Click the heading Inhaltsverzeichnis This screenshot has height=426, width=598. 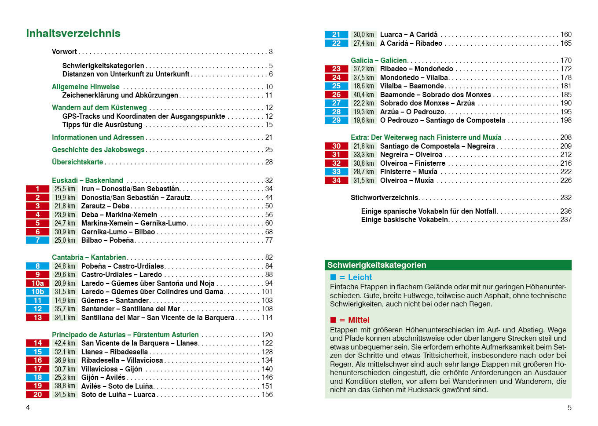[73, 33]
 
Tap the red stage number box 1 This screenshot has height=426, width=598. [37, 189]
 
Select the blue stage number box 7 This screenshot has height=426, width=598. [37, 240]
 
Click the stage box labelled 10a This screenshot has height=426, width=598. [37, 284]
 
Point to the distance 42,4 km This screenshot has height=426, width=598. [65, 343]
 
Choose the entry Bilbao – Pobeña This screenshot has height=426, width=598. [107, 240]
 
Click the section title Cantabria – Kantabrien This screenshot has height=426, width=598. [89, 258]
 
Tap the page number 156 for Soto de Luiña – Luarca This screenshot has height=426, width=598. [267, 395]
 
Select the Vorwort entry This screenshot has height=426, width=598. [64, 52]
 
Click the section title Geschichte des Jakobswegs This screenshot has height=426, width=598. [98, 150]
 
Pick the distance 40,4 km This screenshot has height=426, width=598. [363, 95]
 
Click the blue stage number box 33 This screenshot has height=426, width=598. [336, 172]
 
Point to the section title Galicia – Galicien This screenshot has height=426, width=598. [379, 61]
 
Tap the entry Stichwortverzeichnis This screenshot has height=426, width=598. [384, 198]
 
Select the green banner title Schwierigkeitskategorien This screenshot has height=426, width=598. [377, 265]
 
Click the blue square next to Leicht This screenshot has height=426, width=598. [333, 277]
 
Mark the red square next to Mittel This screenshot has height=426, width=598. [333, 320]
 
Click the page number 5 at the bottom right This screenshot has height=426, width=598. [569, 408]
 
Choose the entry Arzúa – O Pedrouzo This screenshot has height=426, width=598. [412, 112]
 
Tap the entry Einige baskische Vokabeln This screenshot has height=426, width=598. [404, 220]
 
